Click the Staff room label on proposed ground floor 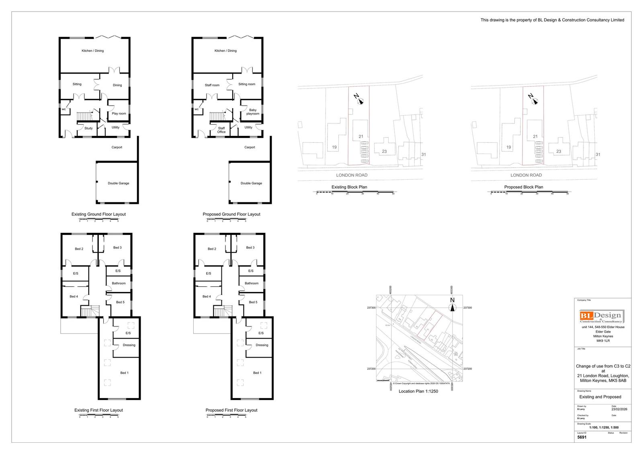212,85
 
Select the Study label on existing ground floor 88,128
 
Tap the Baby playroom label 253,112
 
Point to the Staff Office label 221,130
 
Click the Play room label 119,113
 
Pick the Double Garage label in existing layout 119,183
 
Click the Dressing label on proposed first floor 262,345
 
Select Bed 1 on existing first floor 125,373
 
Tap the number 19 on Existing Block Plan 334,147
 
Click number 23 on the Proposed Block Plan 559,152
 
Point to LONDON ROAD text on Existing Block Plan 352,175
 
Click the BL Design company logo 602,316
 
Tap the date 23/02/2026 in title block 619,409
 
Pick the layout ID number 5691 582,437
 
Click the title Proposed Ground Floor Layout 231,214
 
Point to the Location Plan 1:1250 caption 418,391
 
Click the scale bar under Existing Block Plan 355,192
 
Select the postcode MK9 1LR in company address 603,341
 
